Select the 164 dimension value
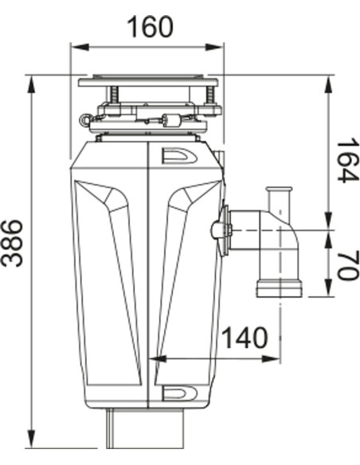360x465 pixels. pyautogui.click(x=346, y=160)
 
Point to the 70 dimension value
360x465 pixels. pyautogui.click(x=346, y=264)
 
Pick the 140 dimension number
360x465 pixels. pyautogui.click(x=243, y=338)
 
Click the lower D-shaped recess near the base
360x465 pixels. pyautogui.click(x=178, y=393)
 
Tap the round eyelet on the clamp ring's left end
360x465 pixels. pyautogui.click(x=84, y=119)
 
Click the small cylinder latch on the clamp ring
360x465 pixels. pyautogui.click(x=170, y=121)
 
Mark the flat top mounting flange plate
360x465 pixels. pyautogui.click(x=149, y=81)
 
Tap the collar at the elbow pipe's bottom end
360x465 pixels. pyautogui.click(x=278, y=286)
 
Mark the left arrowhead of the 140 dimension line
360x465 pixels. pyautogui.click(x=158, y=359)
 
